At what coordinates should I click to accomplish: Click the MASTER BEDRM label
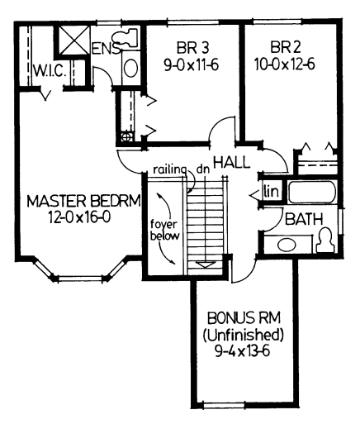(x=83, y=201)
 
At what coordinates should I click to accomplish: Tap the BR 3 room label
(x=192, y=47)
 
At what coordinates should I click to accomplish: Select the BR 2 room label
(x=286, y=47)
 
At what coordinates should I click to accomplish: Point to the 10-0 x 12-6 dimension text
(x=285, y=64)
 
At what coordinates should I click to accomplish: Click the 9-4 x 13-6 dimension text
(x=242, y=351)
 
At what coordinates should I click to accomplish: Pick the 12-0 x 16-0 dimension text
(x=79, y=217)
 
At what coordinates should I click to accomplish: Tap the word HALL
(x=232, y=162)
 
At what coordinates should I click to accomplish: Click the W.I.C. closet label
(x=50, y=71)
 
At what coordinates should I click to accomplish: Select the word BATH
(x=304, y=219)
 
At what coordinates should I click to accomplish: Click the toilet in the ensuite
(x=125, y=38)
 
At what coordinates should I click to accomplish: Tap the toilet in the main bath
(x=325, y=241)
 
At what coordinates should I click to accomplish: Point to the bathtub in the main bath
(x=312, y=192)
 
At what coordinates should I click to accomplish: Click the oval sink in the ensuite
(x=130, y=68)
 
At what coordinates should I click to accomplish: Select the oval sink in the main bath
(x=287, y=245)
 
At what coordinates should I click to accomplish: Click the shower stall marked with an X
(x=74, y=40)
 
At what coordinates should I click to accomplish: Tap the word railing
(x=168, y=169)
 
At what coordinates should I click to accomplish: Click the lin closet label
(x=271, y=191)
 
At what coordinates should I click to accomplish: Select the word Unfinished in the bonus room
(x=244, y=335)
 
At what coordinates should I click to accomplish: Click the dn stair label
(x=203, y=169)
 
